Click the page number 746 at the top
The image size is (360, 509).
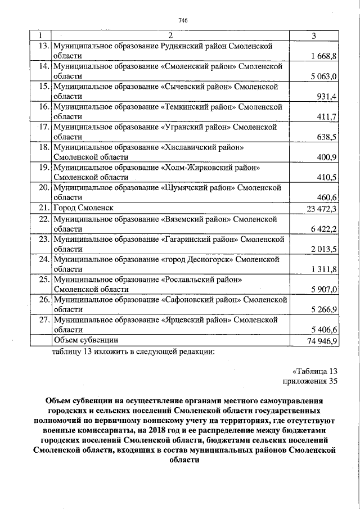[182, 21]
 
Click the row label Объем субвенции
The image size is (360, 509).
[85, 340]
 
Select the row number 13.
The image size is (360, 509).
[42, 46]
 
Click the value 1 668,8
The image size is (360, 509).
[323, 57]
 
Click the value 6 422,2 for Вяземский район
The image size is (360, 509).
[323, 229]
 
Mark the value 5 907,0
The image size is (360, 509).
[323, 290]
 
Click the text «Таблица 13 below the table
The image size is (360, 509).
[314, 371]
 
